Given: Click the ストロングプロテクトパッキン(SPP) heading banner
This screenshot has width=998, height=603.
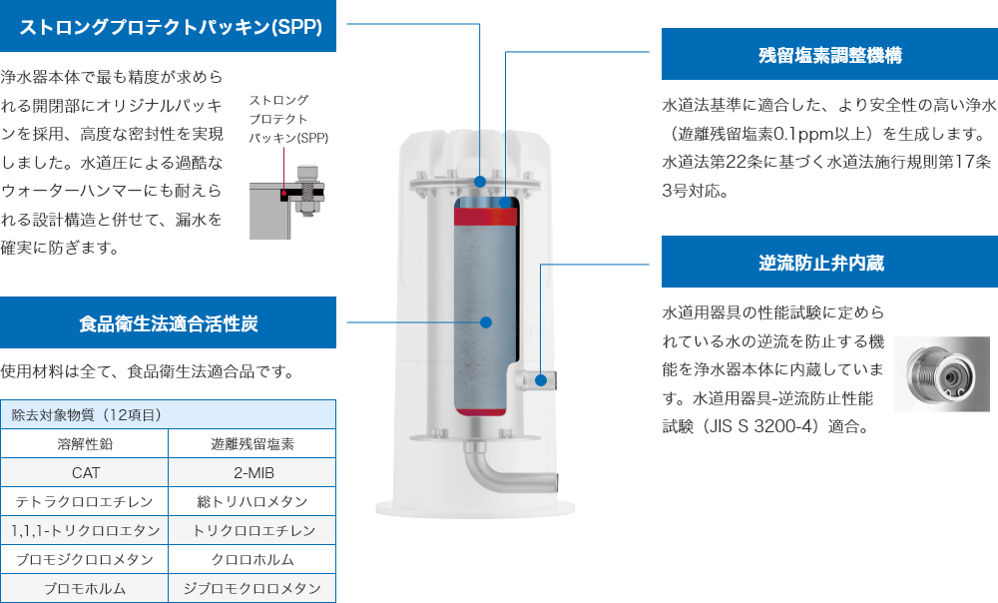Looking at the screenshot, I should click(169, 26).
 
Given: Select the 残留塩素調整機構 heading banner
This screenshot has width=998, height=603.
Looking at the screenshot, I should click(829, 54).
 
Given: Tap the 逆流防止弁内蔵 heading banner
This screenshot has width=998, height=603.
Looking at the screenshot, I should click(829, 264).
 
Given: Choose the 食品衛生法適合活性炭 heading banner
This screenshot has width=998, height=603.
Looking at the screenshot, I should click(169, 322).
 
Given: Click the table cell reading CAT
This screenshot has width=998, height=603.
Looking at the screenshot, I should click(86, 472).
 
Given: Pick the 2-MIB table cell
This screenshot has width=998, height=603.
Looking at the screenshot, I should click(252, 472).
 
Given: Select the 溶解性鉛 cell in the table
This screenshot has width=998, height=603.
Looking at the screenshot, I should click(86, 443).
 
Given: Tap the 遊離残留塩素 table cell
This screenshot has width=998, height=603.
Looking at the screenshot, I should click(252, 443).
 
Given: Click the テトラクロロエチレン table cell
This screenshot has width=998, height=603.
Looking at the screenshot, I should click(86, 501).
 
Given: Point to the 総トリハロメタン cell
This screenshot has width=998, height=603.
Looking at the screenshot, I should click(252, 501).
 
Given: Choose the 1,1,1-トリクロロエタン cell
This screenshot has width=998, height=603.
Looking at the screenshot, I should click(86, 530).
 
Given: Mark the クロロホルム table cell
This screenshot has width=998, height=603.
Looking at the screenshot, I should click(252, 559).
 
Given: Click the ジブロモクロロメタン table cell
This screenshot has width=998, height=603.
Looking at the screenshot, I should click(252, 588).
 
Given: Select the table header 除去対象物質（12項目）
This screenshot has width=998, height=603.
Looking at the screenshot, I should click(169, 414).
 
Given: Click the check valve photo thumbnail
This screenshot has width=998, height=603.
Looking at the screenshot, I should click(941, 374).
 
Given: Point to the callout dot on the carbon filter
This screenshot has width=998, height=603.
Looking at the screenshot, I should click(486, 322).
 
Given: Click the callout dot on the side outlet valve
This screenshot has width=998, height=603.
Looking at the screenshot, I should click(540, 379).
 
